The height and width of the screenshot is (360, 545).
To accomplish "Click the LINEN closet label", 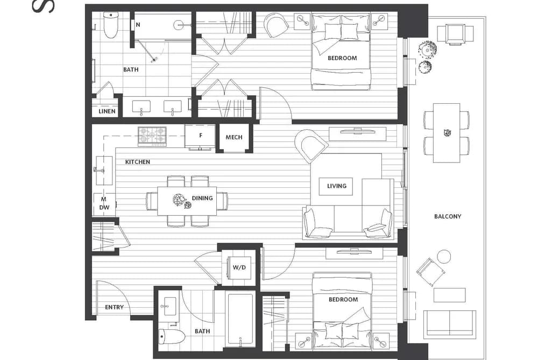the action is click(107, 111).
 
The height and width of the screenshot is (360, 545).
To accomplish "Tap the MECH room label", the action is click(234, 137).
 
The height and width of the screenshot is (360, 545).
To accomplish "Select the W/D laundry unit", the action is click(239, 267).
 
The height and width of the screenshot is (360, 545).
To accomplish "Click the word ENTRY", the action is click(115, 307).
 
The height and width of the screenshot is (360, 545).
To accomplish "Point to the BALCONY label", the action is click(448, 216).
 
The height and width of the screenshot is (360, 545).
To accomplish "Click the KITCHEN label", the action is click(138, 162).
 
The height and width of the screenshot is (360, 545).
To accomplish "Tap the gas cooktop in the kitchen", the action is click(152, 136).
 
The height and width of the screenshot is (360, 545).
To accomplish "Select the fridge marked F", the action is click(201, 136).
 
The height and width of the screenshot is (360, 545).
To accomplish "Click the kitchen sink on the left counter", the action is click(104, 170).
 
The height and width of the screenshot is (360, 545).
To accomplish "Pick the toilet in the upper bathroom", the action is click(111, 25).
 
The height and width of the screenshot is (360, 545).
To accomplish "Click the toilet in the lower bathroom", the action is click(172, 336).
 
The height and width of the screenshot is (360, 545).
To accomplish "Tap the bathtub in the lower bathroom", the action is click(240, 320).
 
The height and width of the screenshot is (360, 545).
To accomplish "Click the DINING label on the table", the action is click(202, 198).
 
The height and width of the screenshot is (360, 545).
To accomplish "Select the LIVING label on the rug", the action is click(337, 186).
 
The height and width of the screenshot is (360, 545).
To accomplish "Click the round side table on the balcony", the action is click(444, 257).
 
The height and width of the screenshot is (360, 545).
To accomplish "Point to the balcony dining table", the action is click(447, 133).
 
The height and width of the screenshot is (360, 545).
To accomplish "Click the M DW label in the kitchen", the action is click(104, 203).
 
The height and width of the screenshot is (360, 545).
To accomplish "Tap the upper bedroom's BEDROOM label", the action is click(342, 58).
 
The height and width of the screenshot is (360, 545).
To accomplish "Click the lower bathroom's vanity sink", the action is click(169, 306).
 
